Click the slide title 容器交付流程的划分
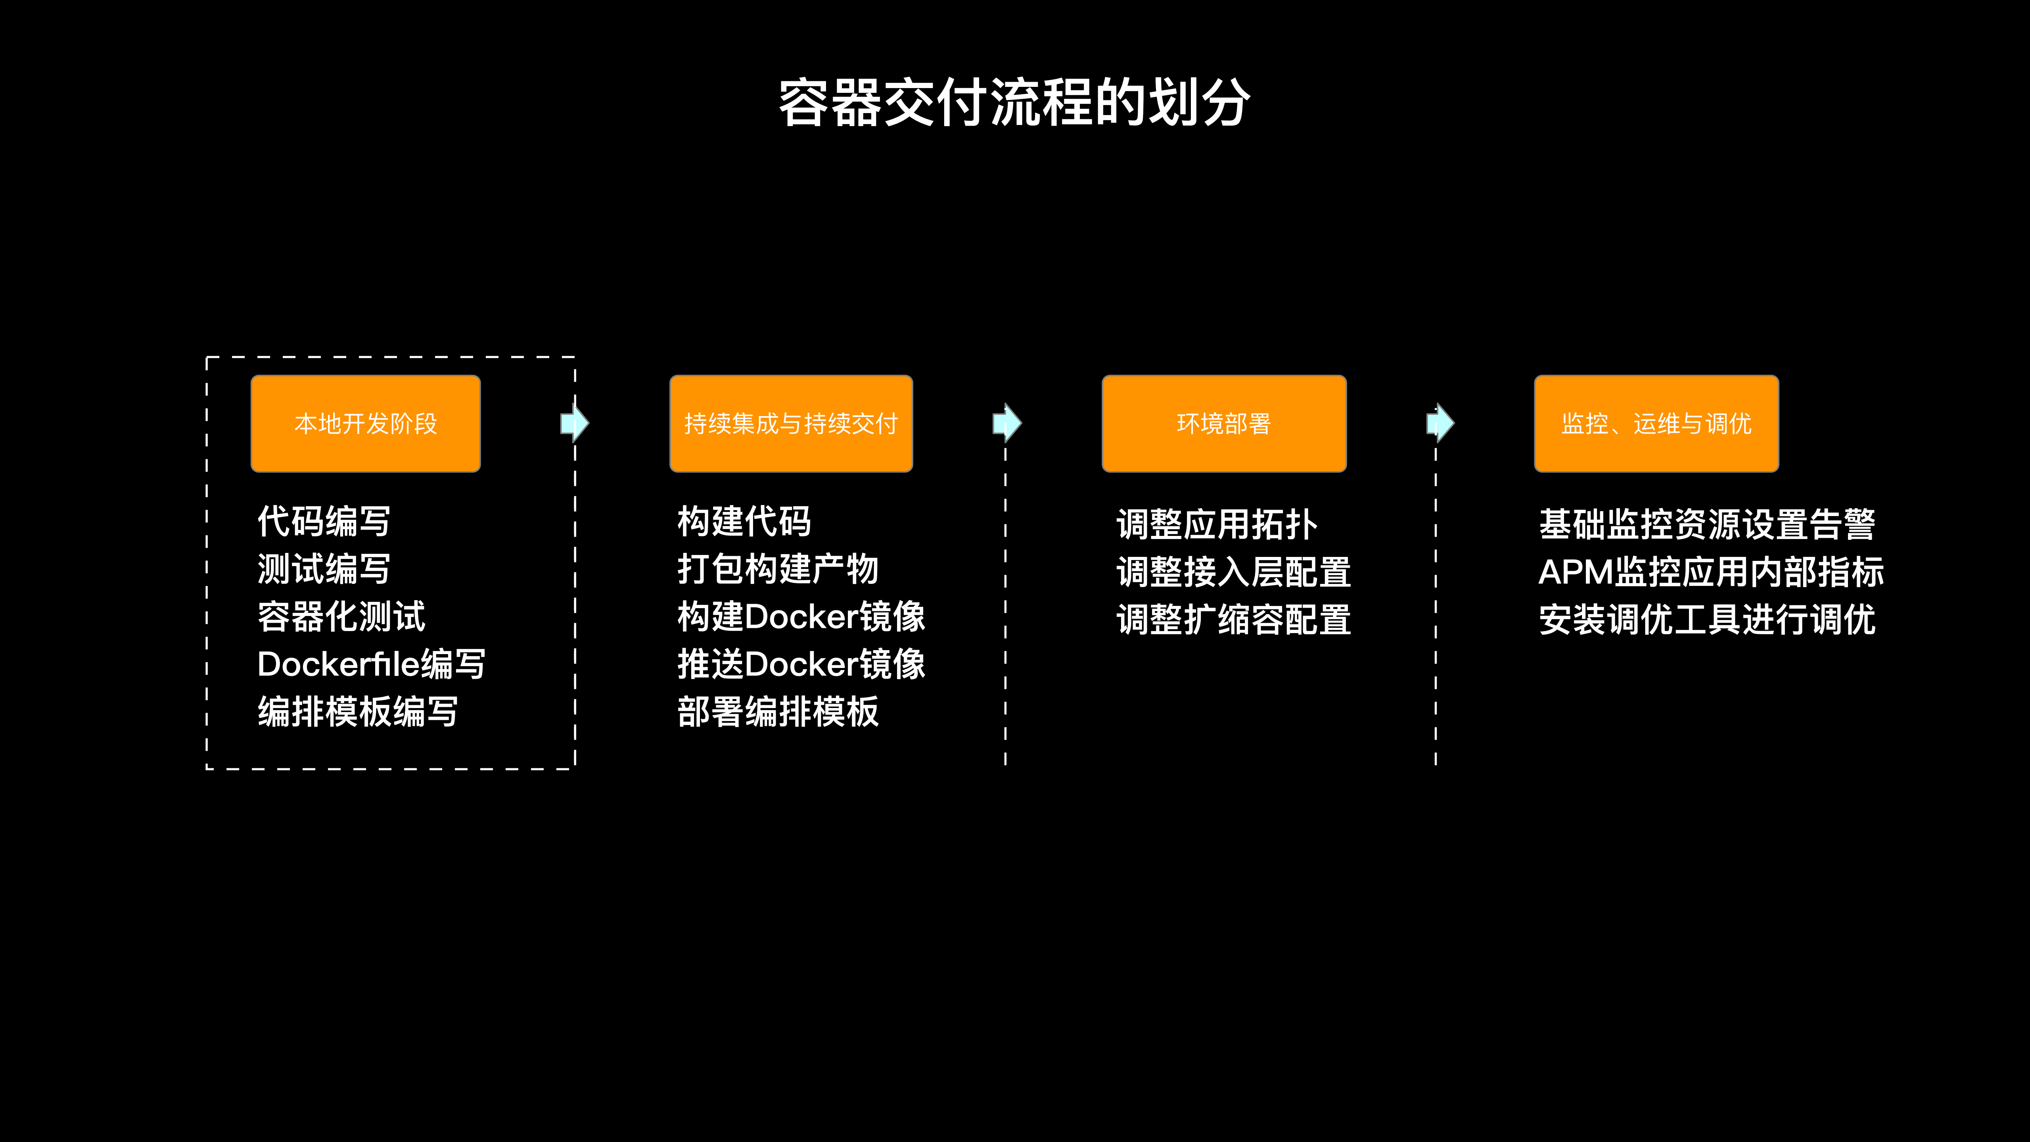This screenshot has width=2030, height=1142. click(1014, 102)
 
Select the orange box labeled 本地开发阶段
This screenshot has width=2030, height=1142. click(366, 424)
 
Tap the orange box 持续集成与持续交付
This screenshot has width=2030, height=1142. click(791, 424)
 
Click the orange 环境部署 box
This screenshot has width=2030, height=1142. click(1224, 424)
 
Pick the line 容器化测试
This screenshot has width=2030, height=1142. click(341, 616)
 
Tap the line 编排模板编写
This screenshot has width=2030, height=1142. click(358, 712)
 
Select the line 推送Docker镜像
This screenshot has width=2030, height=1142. click(801, 664)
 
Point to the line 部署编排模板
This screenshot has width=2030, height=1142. click(778, 712)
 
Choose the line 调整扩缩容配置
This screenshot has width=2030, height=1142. click(1233, 620)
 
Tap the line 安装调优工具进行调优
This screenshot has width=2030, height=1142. click(1707, 620)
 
